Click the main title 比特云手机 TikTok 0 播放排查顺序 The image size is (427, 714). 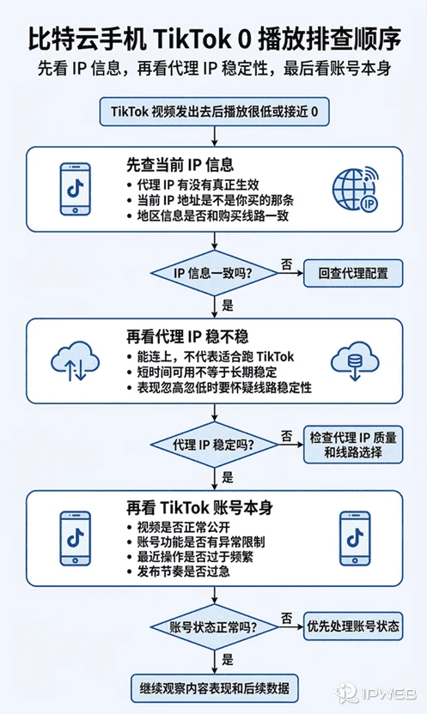click(x=213, y=37)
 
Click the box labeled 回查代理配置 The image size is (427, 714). click(x=353, y=274)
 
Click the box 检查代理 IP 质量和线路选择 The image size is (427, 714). click(x=353, y=445)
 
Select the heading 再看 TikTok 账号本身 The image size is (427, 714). click(x=200, y=507)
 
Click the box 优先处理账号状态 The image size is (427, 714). click(x=353, y=626)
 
